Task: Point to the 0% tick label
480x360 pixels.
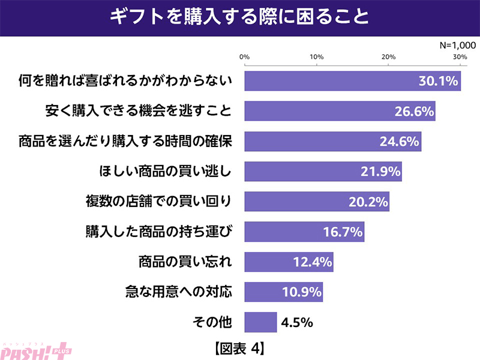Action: [x=245, y=57]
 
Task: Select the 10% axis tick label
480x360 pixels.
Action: [x=317, y=57]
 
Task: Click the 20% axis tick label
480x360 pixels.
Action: [x=388, y=57]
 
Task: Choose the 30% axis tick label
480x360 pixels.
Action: [x=460, y=57]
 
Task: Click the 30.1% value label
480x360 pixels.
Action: [x=439, y=80]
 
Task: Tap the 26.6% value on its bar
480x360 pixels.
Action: [x=413, y=111]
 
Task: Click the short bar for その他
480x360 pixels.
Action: [x=260, y=323]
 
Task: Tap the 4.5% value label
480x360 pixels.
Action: [x=298, y=323]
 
